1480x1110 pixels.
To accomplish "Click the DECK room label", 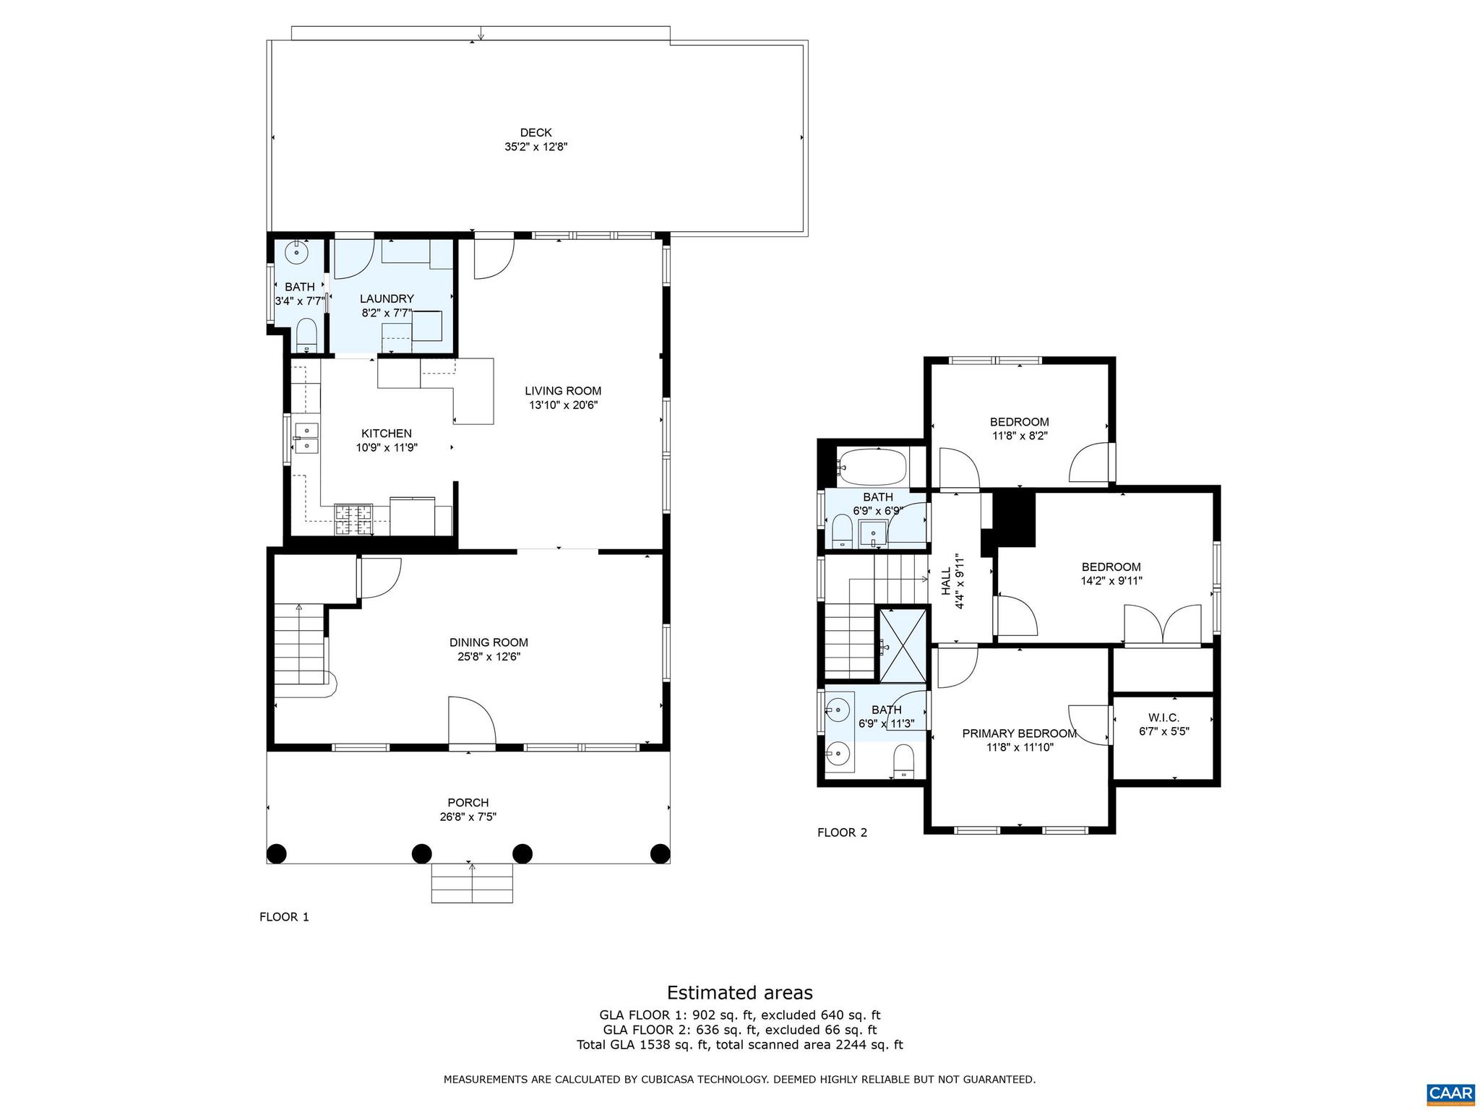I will tap(535, 132).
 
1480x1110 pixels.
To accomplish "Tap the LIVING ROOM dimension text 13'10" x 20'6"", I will tap(563, 405).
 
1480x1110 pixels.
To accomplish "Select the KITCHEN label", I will tap(387, 434).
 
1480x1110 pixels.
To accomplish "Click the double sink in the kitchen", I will tap(307, 438).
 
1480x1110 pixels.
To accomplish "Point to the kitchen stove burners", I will tap(353, 519).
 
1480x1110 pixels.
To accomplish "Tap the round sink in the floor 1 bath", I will tap(297, 253).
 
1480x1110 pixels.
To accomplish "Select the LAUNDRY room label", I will tap(387, 298).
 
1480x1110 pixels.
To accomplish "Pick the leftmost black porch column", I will tap(276, 853).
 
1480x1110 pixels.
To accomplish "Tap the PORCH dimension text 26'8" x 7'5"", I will tap(468, 817).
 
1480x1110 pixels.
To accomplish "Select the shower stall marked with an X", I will tap(903, 645).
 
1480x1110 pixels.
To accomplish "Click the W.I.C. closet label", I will tap(1163, 718).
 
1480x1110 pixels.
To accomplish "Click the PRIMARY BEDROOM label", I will tap(1019, 733).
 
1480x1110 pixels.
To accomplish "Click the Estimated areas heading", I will tap(739, 992).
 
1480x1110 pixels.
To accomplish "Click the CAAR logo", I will tap(1450, 1091).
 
